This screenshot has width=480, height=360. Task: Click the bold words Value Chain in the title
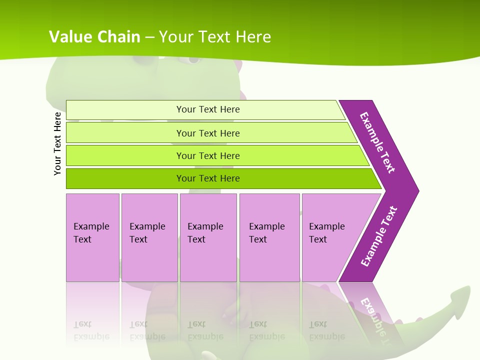click(x=95, y=37)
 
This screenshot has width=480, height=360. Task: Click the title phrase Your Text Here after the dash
click(x=215, y=37)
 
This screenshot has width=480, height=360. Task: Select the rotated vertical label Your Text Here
click(x=57, y=143)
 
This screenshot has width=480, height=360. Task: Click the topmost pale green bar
click(x=207, y=109)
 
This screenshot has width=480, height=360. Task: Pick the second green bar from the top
click(x=207, y=133)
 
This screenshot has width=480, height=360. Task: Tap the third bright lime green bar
click(x=207, y=155)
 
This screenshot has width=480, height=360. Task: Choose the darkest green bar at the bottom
click(x=207, y=178)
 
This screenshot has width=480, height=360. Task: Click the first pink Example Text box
click(x=92, y=237)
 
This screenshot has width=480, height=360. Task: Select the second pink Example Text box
click(x=149, y=237)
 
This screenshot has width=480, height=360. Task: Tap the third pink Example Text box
click(x=208, y=237)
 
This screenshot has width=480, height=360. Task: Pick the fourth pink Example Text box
click(x=269, y=237)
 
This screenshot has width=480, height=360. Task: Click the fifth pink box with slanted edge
click(x=330, y=237)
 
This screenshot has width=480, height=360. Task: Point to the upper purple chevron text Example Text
click(x=377, y=142)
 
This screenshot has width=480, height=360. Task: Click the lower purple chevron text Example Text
click(x=379, y=236)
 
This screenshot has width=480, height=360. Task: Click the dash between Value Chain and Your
click(x=149, y=37)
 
